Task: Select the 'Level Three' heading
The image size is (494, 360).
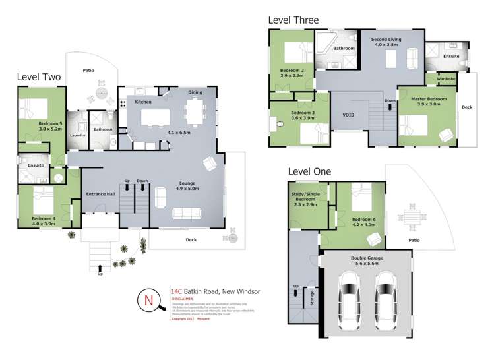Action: click(293, 20)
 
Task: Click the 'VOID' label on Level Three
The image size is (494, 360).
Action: click(349, 115)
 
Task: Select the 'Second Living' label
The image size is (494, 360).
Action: click(387, 42)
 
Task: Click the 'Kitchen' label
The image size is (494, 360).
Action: click(144, 102)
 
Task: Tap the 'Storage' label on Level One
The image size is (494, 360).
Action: click(311, 301)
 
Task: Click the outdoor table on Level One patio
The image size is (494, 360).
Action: click(412, 216)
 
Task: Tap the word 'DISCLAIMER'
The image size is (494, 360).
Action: click(183, 297)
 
